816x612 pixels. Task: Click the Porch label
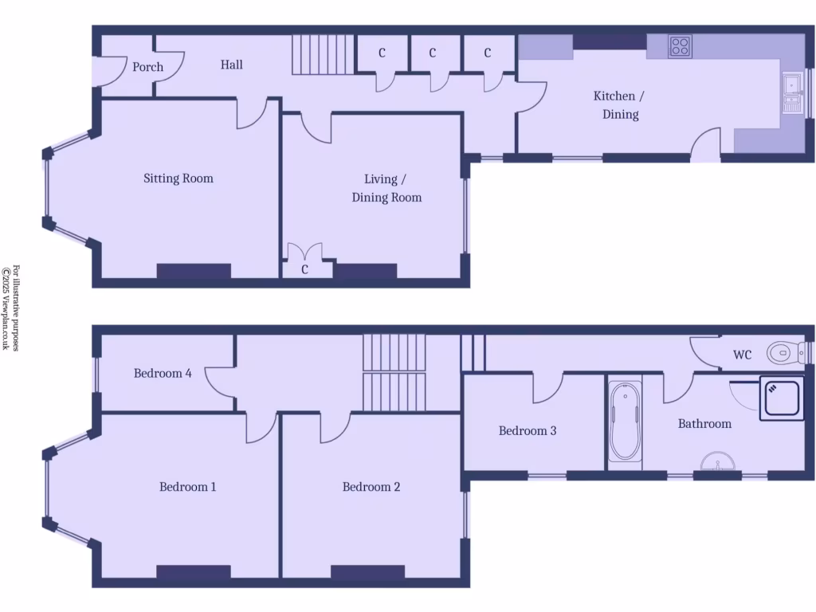[147, 67]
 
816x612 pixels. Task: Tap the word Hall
[232, 65]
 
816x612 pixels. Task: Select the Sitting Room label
[178, 178]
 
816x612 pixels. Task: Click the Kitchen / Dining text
[615, 105]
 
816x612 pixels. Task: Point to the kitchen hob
[681, 46]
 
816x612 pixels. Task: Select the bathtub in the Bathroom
[626, 422]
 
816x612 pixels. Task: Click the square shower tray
[782, 398]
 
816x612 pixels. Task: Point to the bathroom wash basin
[719, 462]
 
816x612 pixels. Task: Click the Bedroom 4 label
[163, 373]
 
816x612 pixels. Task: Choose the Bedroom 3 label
[528, 431]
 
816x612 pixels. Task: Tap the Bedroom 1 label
[188, 487]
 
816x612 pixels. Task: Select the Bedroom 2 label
[371, 487]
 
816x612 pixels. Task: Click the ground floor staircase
[321, 54]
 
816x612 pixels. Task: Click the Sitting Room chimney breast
[194, 271]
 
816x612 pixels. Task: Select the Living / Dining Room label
[386, 188]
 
